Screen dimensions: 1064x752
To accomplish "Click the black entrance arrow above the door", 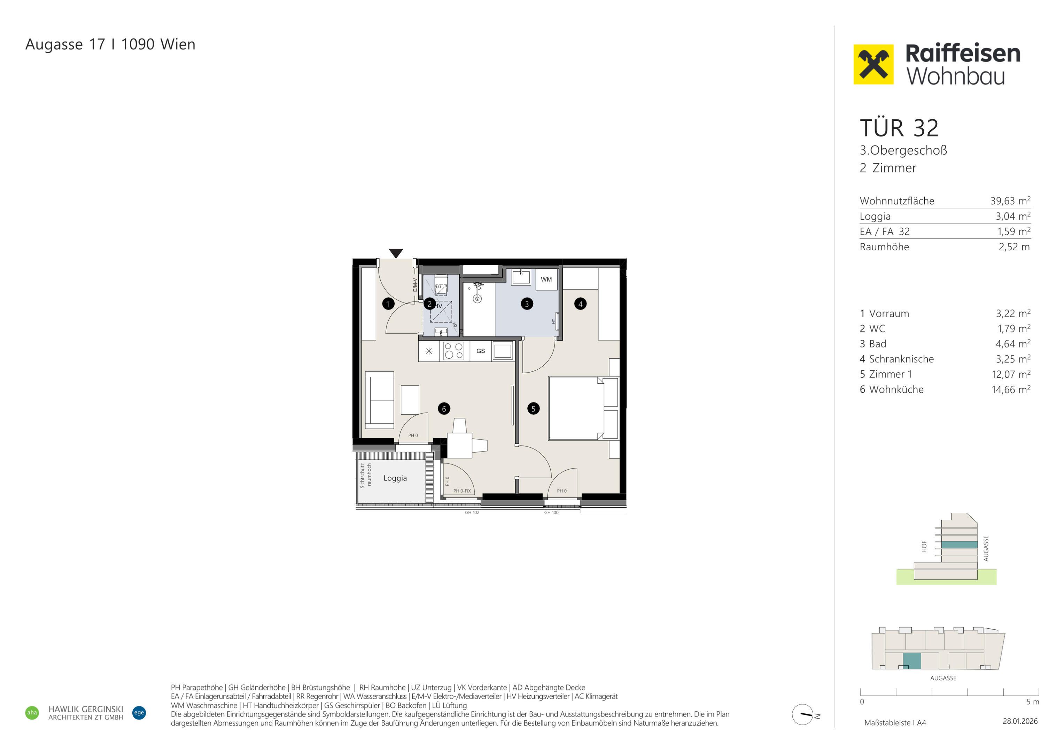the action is point(396,253).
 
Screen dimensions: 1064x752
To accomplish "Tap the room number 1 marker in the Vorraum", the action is point(388,304).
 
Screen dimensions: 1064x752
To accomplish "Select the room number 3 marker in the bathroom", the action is point(527,304).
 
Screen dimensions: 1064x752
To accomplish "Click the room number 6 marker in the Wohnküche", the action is point(444,409).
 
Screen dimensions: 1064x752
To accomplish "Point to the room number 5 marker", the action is point(533,409).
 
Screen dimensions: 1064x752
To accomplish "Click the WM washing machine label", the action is point(546,280).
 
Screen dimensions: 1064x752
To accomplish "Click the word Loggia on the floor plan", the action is point(395,478).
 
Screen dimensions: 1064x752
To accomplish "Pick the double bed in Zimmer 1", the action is point(583,408).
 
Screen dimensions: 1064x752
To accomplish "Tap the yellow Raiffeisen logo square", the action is point(873,64).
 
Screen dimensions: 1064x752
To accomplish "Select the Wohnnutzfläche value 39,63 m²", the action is point(1010,201).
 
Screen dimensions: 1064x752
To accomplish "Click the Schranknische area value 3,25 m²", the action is point(1013,359).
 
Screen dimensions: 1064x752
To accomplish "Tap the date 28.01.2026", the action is point(1020,721).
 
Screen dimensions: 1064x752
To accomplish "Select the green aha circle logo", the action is point(32,713).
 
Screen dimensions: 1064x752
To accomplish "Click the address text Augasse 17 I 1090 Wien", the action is point(110,45).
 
